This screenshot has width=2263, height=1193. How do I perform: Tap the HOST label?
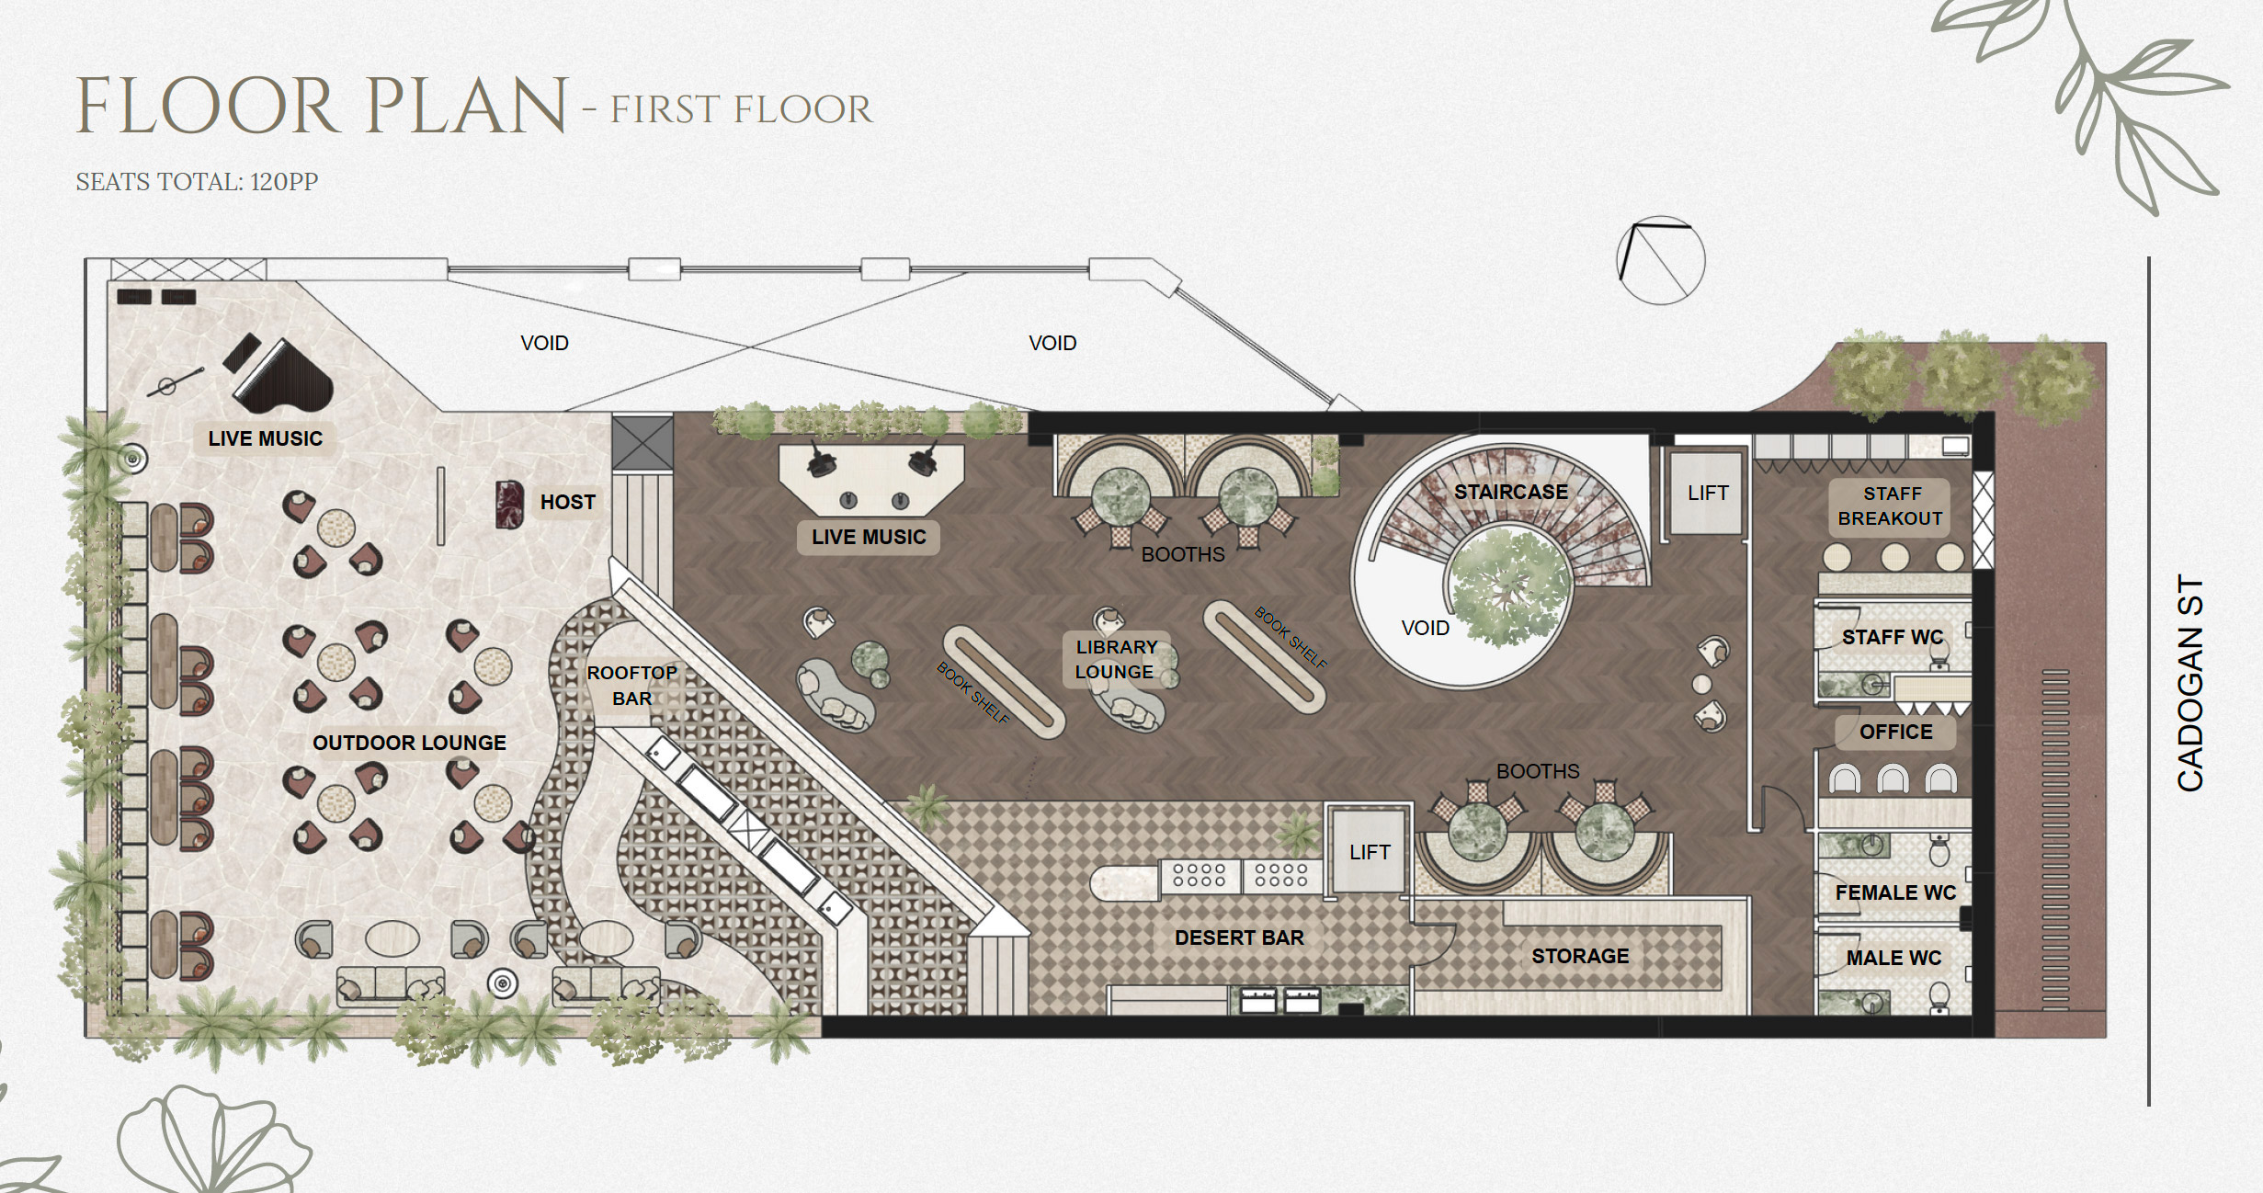click(568, 502)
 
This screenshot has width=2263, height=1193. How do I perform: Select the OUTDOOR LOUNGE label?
click(409, 743)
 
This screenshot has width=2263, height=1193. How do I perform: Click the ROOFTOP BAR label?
click(632, 686)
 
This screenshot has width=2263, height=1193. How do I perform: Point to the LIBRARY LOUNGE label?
click(1116, 659)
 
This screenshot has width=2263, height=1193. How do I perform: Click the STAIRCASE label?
click(1511, 492)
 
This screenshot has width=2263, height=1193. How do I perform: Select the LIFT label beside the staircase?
click(1708, 493)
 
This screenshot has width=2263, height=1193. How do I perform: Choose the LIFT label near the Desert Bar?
click(1370, 852)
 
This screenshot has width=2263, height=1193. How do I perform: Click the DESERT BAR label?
click(1239, 937)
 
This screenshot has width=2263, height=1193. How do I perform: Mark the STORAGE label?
click(1580, 956)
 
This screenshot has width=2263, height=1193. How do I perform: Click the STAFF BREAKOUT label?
click(1891, 506)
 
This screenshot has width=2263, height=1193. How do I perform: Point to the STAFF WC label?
click(1893, 637)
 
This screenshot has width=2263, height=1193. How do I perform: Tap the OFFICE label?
click(1895, 732)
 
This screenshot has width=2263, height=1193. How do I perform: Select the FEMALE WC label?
click(1895, 892)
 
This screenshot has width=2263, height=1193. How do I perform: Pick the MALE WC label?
click(1893, 958)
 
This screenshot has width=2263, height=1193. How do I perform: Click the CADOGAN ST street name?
click(2190, 683)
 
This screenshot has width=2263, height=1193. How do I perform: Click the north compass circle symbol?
click(1661, 261)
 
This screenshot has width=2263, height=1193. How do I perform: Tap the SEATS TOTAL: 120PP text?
click(197, 182)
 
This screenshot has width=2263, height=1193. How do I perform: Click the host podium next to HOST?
click(509, 505)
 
